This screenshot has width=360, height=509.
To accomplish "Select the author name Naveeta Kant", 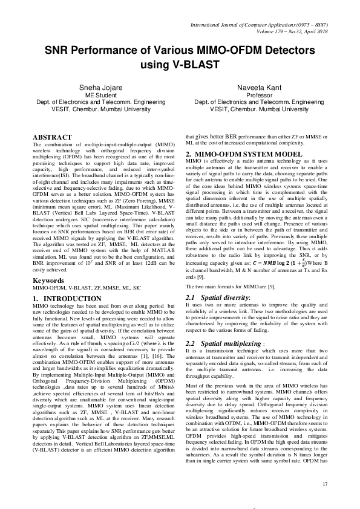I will coord(250,88).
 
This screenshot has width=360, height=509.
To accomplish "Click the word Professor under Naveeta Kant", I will coord(250,95).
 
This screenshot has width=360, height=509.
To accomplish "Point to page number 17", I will coord(325,483).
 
